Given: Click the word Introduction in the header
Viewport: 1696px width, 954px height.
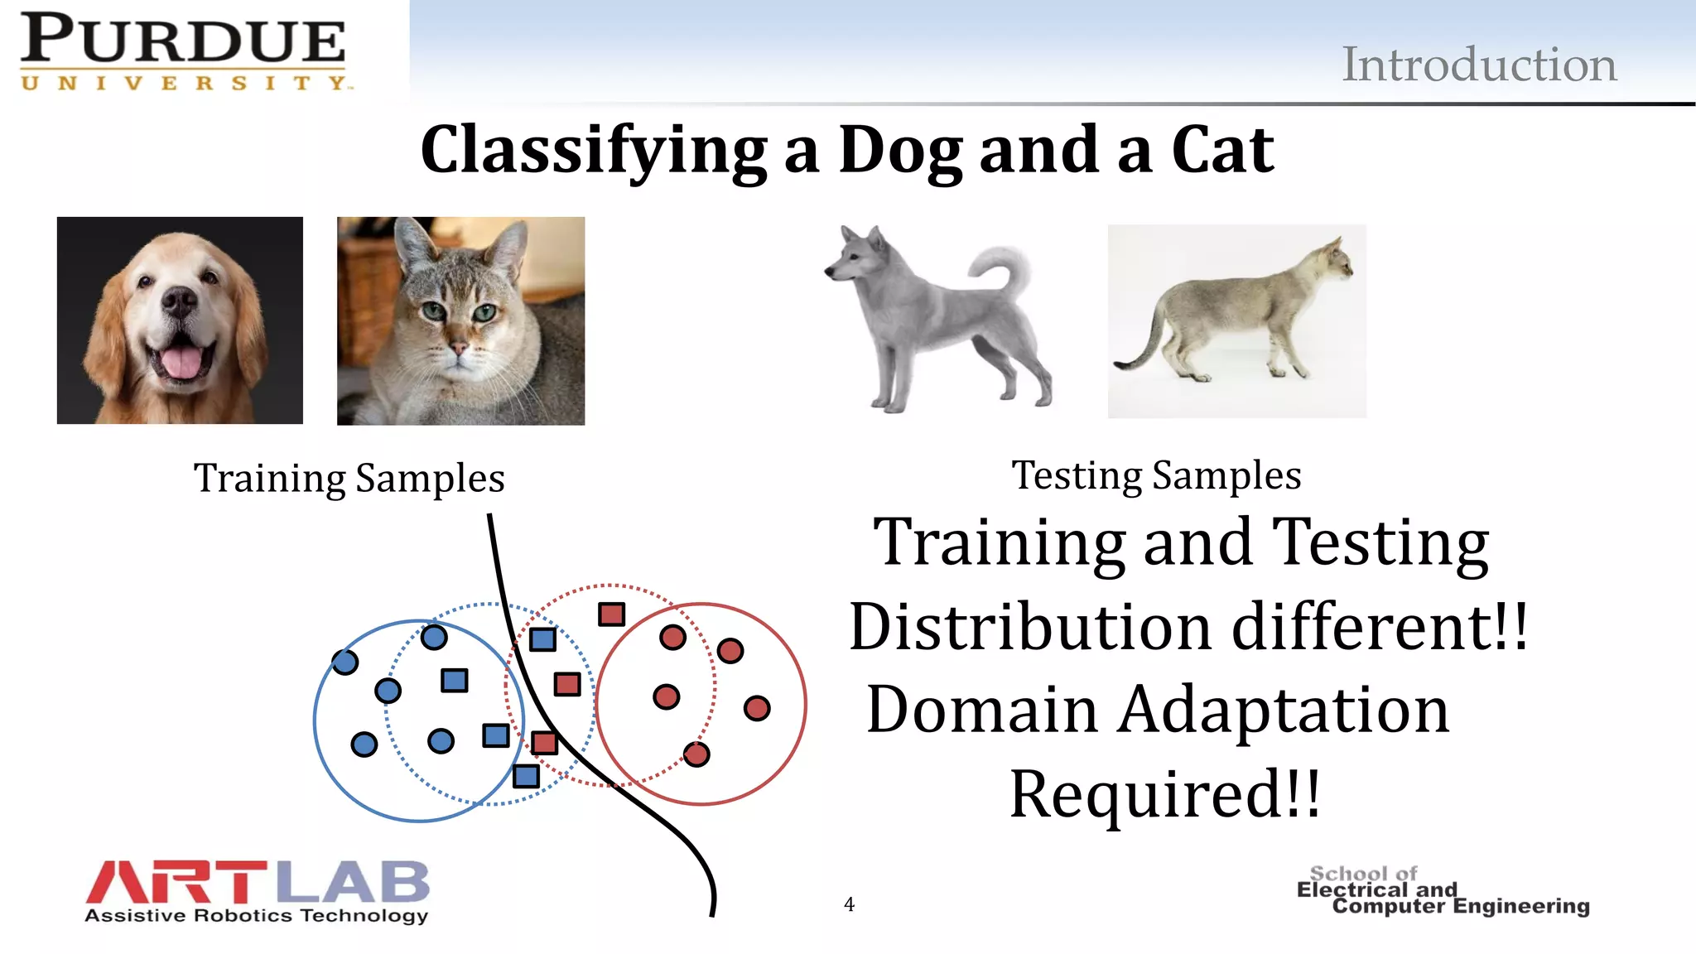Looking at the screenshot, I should tap(1478, 65).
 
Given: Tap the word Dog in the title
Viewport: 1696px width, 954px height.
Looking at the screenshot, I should tap(901, 151).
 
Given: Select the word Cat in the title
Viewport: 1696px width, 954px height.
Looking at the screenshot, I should tap(1222, 151).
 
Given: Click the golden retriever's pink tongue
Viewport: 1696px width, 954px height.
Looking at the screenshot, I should tap(181, 361).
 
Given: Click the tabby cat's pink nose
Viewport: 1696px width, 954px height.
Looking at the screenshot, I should tap(458, 348).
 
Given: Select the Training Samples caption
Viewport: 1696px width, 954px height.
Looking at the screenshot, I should tap(349, 479).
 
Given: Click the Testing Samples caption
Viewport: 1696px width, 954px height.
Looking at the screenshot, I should tap(1156, 475).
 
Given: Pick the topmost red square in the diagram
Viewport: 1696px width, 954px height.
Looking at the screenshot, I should tap(611, 614).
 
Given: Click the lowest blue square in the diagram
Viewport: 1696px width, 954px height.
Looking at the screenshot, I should tap(526, 776).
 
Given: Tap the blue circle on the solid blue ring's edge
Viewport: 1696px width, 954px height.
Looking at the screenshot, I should tap(344, 662).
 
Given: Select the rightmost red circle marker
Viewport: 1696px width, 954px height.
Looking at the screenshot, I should tap(757, 708).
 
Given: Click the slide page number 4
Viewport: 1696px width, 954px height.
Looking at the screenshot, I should tap(849, 904).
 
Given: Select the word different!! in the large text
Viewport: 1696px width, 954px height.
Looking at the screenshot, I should tap(1379, 627).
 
